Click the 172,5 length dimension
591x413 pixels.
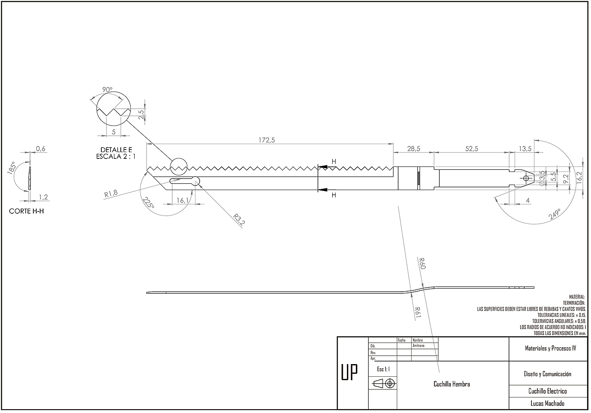pos(267,140)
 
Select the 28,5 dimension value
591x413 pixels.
pos(413,148)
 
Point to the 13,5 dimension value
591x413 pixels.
pos(525,148)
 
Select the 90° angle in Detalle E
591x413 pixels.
pos(107,89)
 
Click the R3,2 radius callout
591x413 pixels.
pos(239,220)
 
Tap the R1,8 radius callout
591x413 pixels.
pos(111,194)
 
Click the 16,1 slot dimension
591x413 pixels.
pos(182,201)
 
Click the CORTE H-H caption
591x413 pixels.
pos(26,211)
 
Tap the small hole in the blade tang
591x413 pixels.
pos(526,178)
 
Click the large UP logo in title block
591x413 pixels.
pos(349,372)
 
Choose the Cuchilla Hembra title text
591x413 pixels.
pos(452,384)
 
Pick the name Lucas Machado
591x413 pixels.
pos(547,403)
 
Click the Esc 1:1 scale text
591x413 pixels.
pos(383,369)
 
